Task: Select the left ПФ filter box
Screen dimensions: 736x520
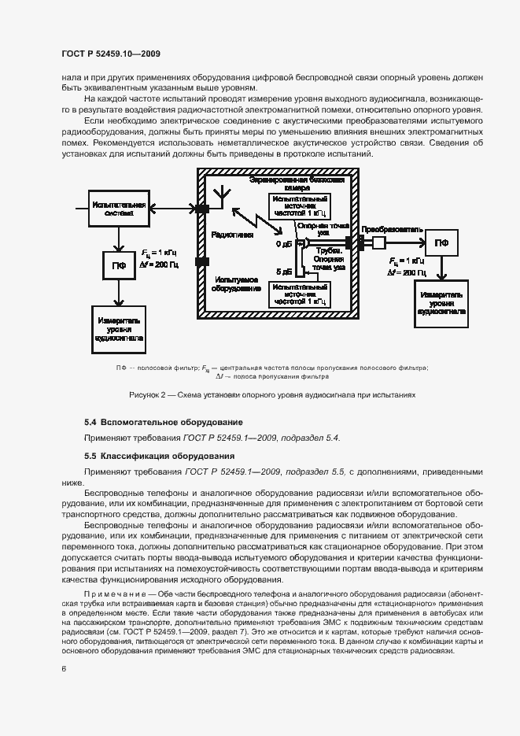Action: pyautogui.click(x=117, y=264)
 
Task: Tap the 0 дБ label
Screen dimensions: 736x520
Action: pyautogui.click(x=283, y=245)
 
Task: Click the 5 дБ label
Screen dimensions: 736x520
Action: pyautogui.click(x=283, y=272)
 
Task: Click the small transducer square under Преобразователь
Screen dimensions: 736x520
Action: pyautogui.click(x=379, y=242)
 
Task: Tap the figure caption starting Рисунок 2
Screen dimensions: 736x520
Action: pyautogui.click(x=272, y=394)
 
